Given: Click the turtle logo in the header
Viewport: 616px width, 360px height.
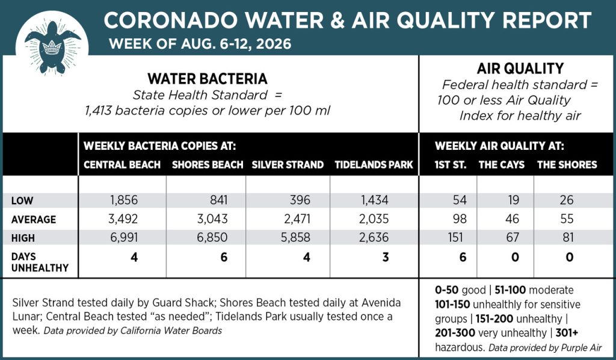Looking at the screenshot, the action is (52, 47).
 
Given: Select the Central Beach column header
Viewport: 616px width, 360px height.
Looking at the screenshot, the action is (122, 165).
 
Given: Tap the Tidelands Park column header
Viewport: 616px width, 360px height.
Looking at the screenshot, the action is (374, 165).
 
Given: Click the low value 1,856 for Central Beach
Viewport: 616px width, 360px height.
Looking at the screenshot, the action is (124, 200).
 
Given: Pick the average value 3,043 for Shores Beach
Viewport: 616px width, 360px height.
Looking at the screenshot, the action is (212, 219).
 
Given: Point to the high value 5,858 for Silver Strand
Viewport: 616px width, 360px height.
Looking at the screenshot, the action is (295, 237).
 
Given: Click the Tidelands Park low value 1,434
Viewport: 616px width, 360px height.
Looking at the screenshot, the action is (374, 200).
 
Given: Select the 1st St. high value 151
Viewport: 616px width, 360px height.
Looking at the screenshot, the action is (455, 237).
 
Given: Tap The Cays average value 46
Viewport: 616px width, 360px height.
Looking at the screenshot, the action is (512, 219).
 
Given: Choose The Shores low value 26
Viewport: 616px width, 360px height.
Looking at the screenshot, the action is (567, 200).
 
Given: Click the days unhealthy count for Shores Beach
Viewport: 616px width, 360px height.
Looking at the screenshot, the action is (224, 258).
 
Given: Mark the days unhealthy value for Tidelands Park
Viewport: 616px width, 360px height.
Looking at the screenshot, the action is (386, 258).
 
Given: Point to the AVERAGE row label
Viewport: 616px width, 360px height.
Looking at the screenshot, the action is (34, 219).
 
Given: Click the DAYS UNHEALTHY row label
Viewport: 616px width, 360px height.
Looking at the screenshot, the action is (40, 262).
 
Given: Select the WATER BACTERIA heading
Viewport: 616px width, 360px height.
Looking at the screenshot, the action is (208, 79).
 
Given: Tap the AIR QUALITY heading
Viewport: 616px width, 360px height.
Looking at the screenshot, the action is (520, 69).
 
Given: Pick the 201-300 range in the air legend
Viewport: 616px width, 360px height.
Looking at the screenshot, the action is (455, 333).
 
